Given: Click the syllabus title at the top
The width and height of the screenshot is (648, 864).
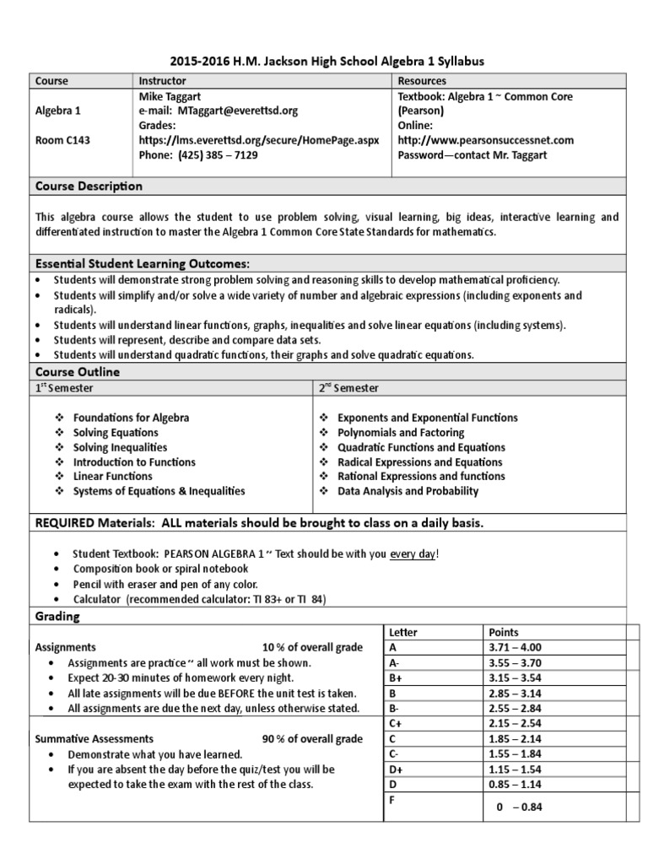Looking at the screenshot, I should click(x=327, y=62).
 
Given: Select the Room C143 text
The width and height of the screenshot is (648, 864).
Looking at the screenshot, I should click(x=62, y=140).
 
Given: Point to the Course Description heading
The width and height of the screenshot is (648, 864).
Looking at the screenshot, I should click(x=88, y=186).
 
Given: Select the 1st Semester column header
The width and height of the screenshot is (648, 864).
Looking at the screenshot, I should click(x=64, y=387).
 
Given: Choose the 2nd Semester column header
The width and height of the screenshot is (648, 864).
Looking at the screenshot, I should click(x=349, y=387).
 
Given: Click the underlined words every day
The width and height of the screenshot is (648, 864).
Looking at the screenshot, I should click(x=413, y=553).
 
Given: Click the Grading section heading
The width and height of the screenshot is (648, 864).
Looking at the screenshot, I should click(x=57, y=617).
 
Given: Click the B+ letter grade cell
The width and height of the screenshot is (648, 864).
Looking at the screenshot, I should click(x=395, y=678).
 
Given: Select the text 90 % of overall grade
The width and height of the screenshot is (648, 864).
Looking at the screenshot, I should click(x=312, y=738).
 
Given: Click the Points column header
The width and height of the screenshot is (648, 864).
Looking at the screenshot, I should click(x=504, y=632).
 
